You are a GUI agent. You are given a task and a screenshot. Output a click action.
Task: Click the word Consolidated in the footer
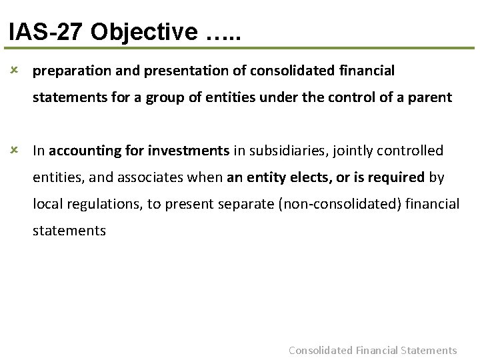click(320, 350)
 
